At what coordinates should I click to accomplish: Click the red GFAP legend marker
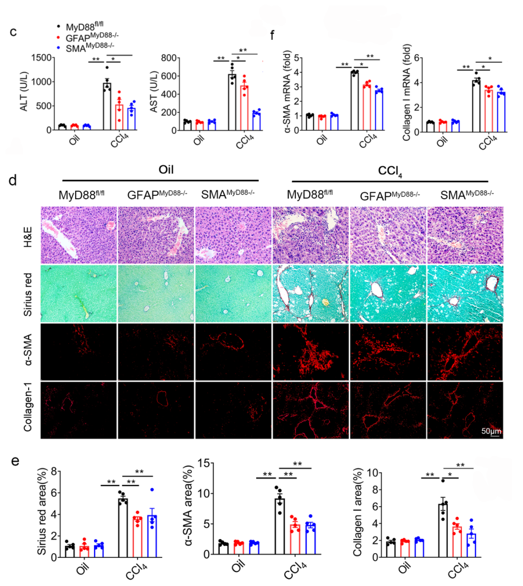pyautogui.click(x=59, y=38)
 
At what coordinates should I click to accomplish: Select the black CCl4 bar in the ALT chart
pyautogui.click(x=107, y=106)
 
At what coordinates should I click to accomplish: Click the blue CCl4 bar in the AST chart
pyautogui.click(x=256, y=121)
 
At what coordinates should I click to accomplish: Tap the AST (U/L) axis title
pyautogui.click(x=154, y=92)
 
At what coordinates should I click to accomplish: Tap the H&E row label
pyautogui.click(x=28, y=235)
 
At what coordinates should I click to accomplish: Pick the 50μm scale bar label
pyautogui.click(x=491, y=431)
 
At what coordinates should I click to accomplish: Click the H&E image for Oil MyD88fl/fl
pyautogui.click(x=79, y=235)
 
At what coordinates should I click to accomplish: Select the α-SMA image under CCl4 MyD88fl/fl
pyautogui.click(x=310, y=352)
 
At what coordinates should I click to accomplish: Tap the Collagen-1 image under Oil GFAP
pyautogui.click(x=156, y=410)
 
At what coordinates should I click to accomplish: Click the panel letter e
pyautogui.click(x=15, y=461)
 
